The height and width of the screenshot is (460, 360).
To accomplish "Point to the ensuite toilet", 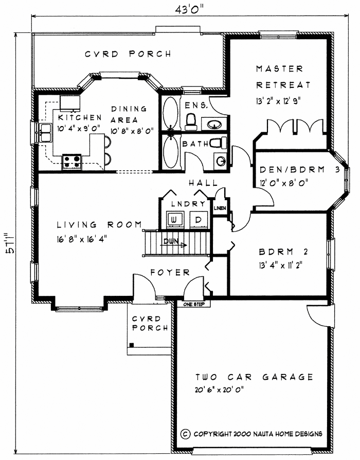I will (x=191, y=120).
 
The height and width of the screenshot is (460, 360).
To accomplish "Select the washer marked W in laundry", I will (x=175, y=220).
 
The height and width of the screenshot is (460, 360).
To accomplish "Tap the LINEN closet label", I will (x=220, y=208).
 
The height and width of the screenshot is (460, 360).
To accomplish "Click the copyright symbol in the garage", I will (x=186, y=434).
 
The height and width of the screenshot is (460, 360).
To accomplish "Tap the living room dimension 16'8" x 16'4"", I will (x=83, y=239).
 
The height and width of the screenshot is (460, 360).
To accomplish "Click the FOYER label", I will (x=170, y=272).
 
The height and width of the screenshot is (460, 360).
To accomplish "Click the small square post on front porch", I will (x=132, y=345).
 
